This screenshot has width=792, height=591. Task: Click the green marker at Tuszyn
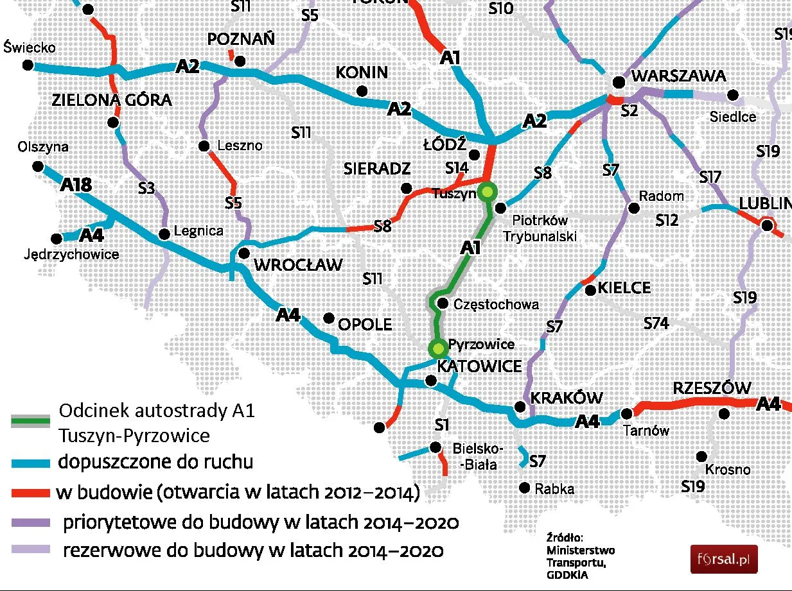(x=488, y=191)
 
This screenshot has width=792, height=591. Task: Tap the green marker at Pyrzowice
(x=439, y=348)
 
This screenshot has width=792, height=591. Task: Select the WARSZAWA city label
(x=679, y=76)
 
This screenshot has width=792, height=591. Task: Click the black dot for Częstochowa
(x=442, y=303)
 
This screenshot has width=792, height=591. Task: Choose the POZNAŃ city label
(x=241, y=39)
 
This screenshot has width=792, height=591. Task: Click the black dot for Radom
(x=634, y=208)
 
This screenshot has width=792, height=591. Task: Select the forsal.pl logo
(x=724, y=559)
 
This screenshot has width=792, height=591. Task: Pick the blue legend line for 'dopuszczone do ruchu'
(x=30, y=463)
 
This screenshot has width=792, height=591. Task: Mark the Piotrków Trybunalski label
(x=539, y=229)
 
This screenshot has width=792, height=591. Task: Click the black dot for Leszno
(x=204, y=146)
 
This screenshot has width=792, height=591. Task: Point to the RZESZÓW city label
(x=712, y=388)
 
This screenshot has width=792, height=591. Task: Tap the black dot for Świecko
(x=27, y=65)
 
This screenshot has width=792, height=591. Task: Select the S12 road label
(x=667, y=220)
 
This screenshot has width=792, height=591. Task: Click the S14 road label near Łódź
(x=457, y=168)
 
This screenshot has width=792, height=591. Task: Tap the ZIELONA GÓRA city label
(x=112, y=100)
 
